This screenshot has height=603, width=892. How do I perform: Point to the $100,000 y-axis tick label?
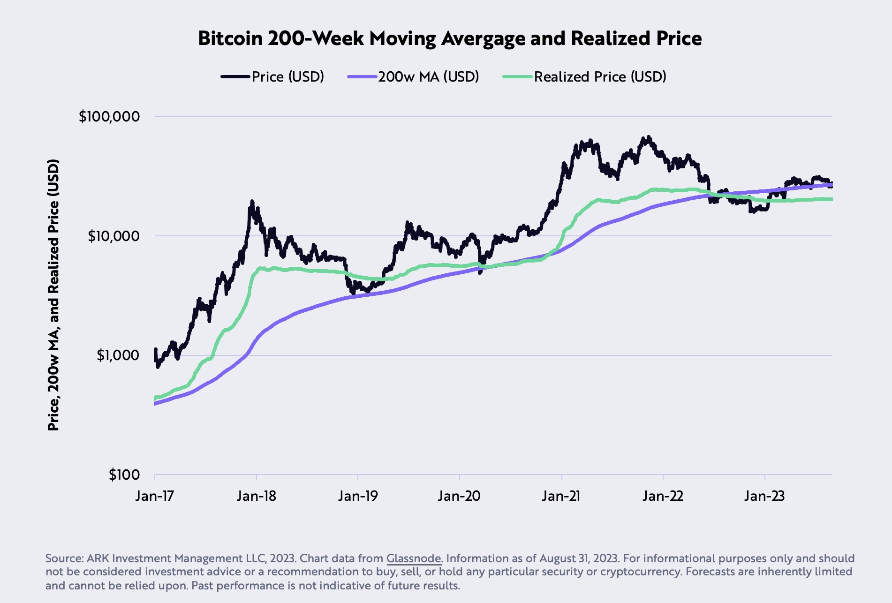click(x=109, y=116)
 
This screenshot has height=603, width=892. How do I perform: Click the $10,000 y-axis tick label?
click(x=113, y=236)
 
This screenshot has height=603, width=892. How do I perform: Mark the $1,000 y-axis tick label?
click(x=118, y=355)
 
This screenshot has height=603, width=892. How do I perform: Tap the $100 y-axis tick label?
click(x=124, y=475)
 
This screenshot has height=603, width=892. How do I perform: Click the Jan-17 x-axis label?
click(x=155, y=496)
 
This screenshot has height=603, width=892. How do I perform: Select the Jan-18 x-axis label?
click(x=257, y=496)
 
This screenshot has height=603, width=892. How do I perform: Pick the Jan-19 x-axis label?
click(x=358, y=496)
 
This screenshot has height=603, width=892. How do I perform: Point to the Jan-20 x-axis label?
click(x=459, y=496)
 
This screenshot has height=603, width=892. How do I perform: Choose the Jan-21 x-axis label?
click(x=561, y=496)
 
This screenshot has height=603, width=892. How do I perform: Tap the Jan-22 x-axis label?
click(x=663, y=496)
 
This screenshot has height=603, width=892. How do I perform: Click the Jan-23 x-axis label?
click(x=764, y=496)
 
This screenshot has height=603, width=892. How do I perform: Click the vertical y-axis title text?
click(x=53, y=295)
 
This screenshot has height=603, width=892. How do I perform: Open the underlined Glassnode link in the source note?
click(x=414, y=558)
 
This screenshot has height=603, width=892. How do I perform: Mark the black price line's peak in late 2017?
click(x=252, y=202)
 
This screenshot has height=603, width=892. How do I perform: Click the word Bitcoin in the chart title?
click(x=230, y=38)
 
